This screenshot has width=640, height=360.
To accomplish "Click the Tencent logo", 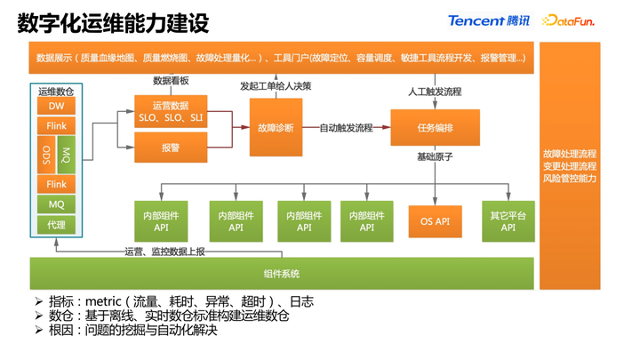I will tap(488, 20).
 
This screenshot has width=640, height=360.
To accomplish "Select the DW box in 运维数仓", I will tap(56, 107).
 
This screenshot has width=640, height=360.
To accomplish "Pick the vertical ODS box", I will tap(45, 155).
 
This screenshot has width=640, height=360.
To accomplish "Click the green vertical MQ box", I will tap(67, 155).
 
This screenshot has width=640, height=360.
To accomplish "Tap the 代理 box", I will tap(56, 225).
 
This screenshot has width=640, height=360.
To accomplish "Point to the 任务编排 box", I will tap(435, 128).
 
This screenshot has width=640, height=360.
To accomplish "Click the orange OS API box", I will tap(435, 221).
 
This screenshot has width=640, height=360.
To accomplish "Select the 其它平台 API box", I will tap(508, 221).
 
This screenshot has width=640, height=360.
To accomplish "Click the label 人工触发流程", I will tap(435, 92).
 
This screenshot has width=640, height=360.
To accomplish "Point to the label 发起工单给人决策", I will tap(276, 86).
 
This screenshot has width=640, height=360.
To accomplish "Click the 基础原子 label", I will tap(435, 157).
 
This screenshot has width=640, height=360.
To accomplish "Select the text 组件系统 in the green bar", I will tap(282, 273).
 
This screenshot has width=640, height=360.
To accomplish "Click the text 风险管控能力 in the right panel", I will tap(570, 179).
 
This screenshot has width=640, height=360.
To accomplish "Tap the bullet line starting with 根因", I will tap(133, 331).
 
